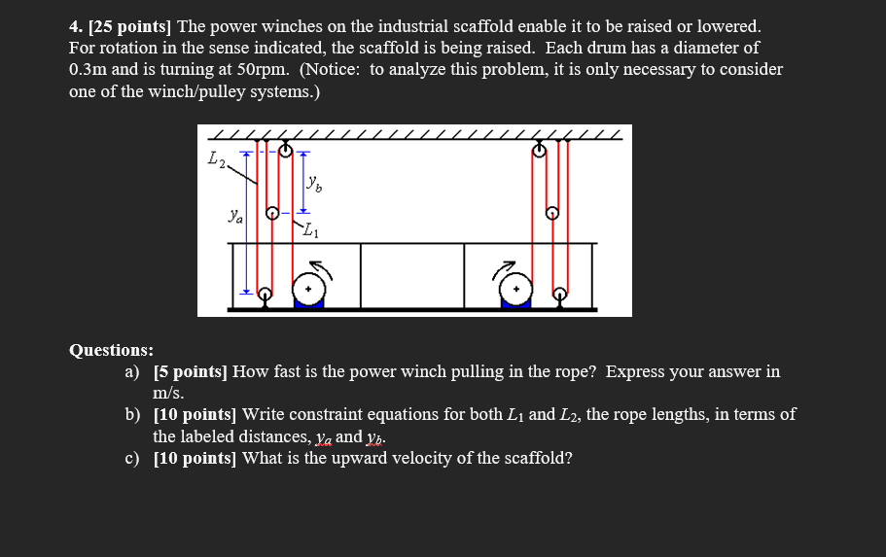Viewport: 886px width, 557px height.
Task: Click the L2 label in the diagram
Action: pyautogui.click(x=217, y=159)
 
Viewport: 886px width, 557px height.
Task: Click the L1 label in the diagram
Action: pyautogui.click(x=309, y=230)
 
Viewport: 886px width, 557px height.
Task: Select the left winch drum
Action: pyautogui.click(x=308, y=289)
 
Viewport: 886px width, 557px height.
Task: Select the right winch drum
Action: pyautogui.click(x=516, y=289)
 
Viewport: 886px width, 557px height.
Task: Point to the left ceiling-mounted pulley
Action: pyautogui.click(x=285, y=150)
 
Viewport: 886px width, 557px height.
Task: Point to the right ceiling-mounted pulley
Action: pyautogui.click(x=540, y=150)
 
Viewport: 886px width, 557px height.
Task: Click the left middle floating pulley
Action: pyautogui.click(x=273, y=212)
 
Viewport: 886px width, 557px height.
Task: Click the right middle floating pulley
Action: pyautogui.click(x=552, y=212)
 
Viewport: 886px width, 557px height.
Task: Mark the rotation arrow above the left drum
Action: pyautogui.click(x=320, y=266)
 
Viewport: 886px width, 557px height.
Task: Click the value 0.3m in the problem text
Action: pyautogui.click(x=89, y=70)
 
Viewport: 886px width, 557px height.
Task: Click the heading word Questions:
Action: pyautogui.click(x=111, y=350)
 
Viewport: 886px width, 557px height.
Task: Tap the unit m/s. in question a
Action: pyautogui.click(x=169, y=393)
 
